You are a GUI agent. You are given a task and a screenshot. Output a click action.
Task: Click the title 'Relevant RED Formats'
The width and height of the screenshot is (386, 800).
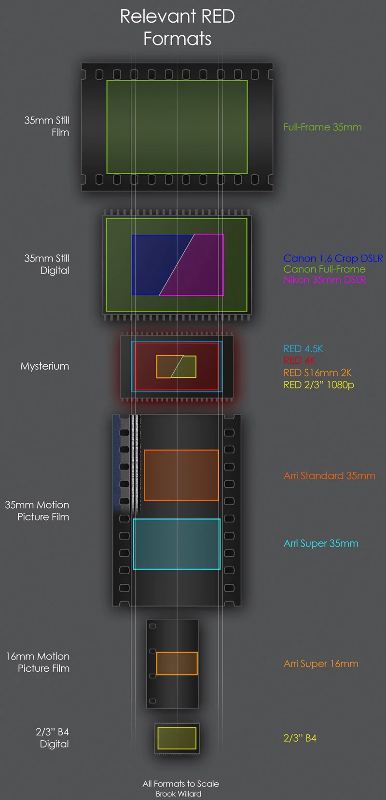coord(177,28)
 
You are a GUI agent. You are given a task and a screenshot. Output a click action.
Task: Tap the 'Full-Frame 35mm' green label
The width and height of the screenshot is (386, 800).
coord(322,127)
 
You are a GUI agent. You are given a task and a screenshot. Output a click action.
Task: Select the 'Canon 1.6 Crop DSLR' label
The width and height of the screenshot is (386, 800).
coord(333,259)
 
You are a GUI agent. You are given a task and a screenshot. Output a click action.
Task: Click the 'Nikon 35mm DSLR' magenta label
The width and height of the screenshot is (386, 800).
coord(324,280)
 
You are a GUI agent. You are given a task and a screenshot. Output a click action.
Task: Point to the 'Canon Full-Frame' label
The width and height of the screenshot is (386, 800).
coord(324,269)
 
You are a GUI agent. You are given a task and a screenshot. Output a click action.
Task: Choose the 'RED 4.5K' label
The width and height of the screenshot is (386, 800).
coord(303,349)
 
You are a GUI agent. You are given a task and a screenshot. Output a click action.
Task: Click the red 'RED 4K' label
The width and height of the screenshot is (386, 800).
coord(299,360)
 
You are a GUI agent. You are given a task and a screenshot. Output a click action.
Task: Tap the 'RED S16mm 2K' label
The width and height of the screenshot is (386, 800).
coord(317,373)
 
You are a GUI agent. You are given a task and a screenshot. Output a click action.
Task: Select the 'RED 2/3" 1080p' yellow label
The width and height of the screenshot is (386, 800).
coord(318,385)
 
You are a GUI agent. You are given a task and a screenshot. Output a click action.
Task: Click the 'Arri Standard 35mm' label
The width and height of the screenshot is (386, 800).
coord(329,476)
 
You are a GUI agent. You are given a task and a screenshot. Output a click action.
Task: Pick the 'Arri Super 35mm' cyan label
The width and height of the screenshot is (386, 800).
coord(321,544)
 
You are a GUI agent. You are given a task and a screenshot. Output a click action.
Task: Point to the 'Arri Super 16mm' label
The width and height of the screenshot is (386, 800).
coord(321,664)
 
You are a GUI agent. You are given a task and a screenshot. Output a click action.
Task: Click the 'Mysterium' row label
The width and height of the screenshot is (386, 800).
coord(44,366)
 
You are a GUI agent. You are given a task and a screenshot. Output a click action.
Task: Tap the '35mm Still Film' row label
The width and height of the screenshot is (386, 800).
coord(47,126)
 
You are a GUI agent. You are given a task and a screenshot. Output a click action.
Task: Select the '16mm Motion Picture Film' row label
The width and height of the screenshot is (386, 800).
coord(38,662)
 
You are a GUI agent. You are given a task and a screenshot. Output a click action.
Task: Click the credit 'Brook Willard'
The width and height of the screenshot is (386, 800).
coord(179,794)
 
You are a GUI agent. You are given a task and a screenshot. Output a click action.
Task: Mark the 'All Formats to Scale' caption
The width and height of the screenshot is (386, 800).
coord(180,784)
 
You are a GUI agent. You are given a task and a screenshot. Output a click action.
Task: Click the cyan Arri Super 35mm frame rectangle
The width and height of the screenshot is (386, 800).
coord(177,544)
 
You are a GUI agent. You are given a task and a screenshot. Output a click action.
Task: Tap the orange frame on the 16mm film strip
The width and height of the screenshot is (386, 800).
coord(177,663)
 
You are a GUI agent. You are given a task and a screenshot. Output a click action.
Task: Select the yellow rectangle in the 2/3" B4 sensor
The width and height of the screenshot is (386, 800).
coord(177,738)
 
